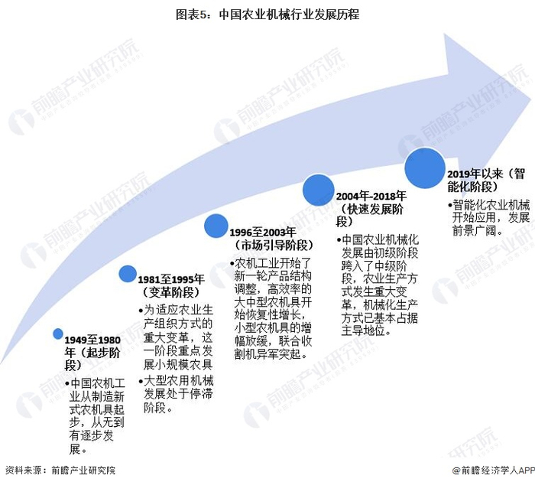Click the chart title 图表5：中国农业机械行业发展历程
tap(267, 14)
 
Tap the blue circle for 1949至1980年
tap(58, 334)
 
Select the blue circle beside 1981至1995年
tap(128, 274)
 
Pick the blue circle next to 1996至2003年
tap(215, 226)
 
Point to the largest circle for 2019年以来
tap(425, 168)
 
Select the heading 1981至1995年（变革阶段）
tap(173, 285)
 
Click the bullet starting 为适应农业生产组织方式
tap(178, 337)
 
